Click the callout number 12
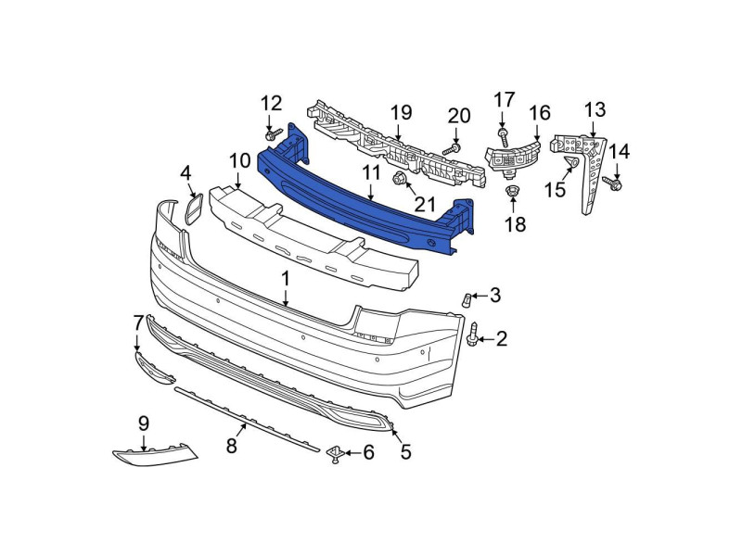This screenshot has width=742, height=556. [x=271, y=104]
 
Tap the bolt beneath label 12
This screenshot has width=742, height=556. [x=273, y=135]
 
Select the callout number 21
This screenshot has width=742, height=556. [x=424, y=204]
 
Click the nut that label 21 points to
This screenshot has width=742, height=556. [x=398, y=179]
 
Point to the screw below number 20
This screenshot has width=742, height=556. [x=452, y=150]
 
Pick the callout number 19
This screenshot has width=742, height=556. [x=401, y=113]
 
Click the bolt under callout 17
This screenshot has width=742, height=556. [x=503, y=136]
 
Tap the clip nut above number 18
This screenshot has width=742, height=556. [x=512, y=192]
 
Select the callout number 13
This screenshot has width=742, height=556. [x=595, y=109]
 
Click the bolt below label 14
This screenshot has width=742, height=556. [x=612, y=183]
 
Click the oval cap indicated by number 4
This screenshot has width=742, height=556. [x=194, y=208]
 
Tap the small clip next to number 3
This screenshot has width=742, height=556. [x=467, y=299]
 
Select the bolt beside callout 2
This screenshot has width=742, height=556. [x=473, y=335]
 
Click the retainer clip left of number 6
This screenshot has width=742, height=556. [x=335, y=454]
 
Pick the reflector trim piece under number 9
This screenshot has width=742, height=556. [x=155, y=454]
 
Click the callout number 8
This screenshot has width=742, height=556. [x=231, y=446]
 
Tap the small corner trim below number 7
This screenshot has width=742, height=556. [x=154, y=367]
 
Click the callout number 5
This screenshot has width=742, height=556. [x=406, y=452]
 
